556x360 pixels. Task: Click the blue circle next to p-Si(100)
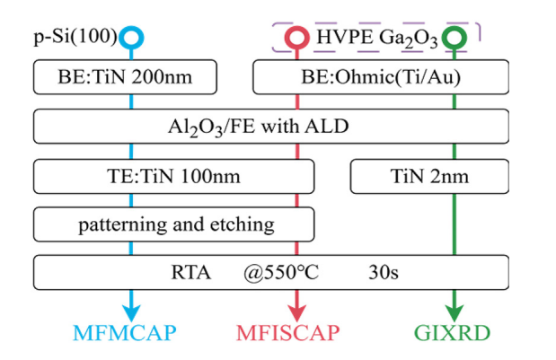133,39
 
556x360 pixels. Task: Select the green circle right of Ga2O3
456,39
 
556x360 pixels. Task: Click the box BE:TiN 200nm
125,78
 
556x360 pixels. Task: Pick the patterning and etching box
173,224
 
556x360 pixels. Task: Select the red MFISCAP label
288,333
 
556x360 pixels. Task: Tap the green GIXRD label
454,333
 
